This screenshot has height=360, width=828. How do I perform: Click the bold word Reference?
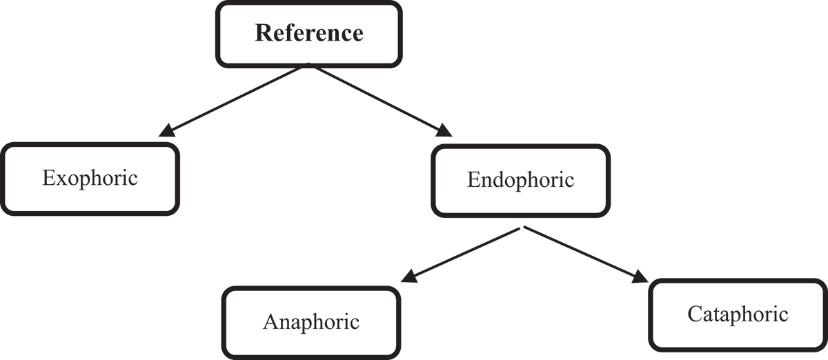click(308, 33)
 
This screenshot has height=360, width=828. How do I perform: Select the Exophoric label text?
click(90, 178)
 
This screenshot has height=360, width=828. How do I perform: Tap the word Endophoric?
click(520, 180)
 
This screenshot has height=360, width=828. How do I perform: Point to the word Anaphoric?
click(311, 321)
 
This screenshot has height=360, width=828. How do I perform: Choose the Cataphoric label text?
click(738, 314)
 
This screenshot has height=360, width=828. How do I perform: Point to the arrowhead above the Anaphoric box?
click(408, 279)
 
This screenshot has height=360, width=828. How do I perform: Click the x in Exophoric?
click(57, 179)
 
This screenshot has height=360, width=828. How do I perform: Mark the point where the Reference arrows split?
click(308, 66)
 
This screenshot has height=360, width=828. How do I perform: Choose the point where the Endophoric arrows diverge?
click(524, 228)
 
